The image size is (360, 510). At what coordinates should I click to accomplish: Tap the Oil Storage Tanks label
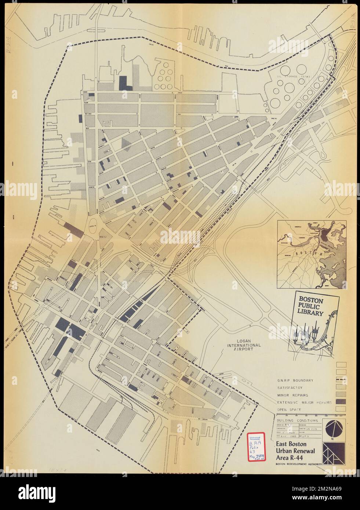[x=294, y=76]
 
